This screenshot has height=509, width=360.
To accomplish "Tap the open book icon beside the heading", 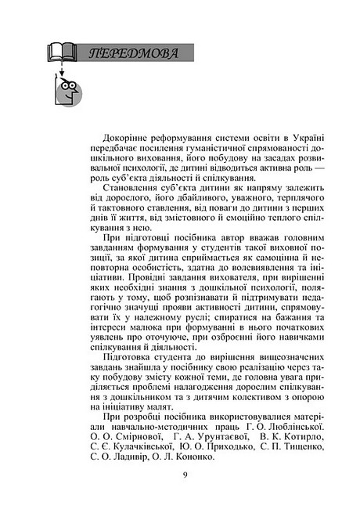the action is coord(63,54).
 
